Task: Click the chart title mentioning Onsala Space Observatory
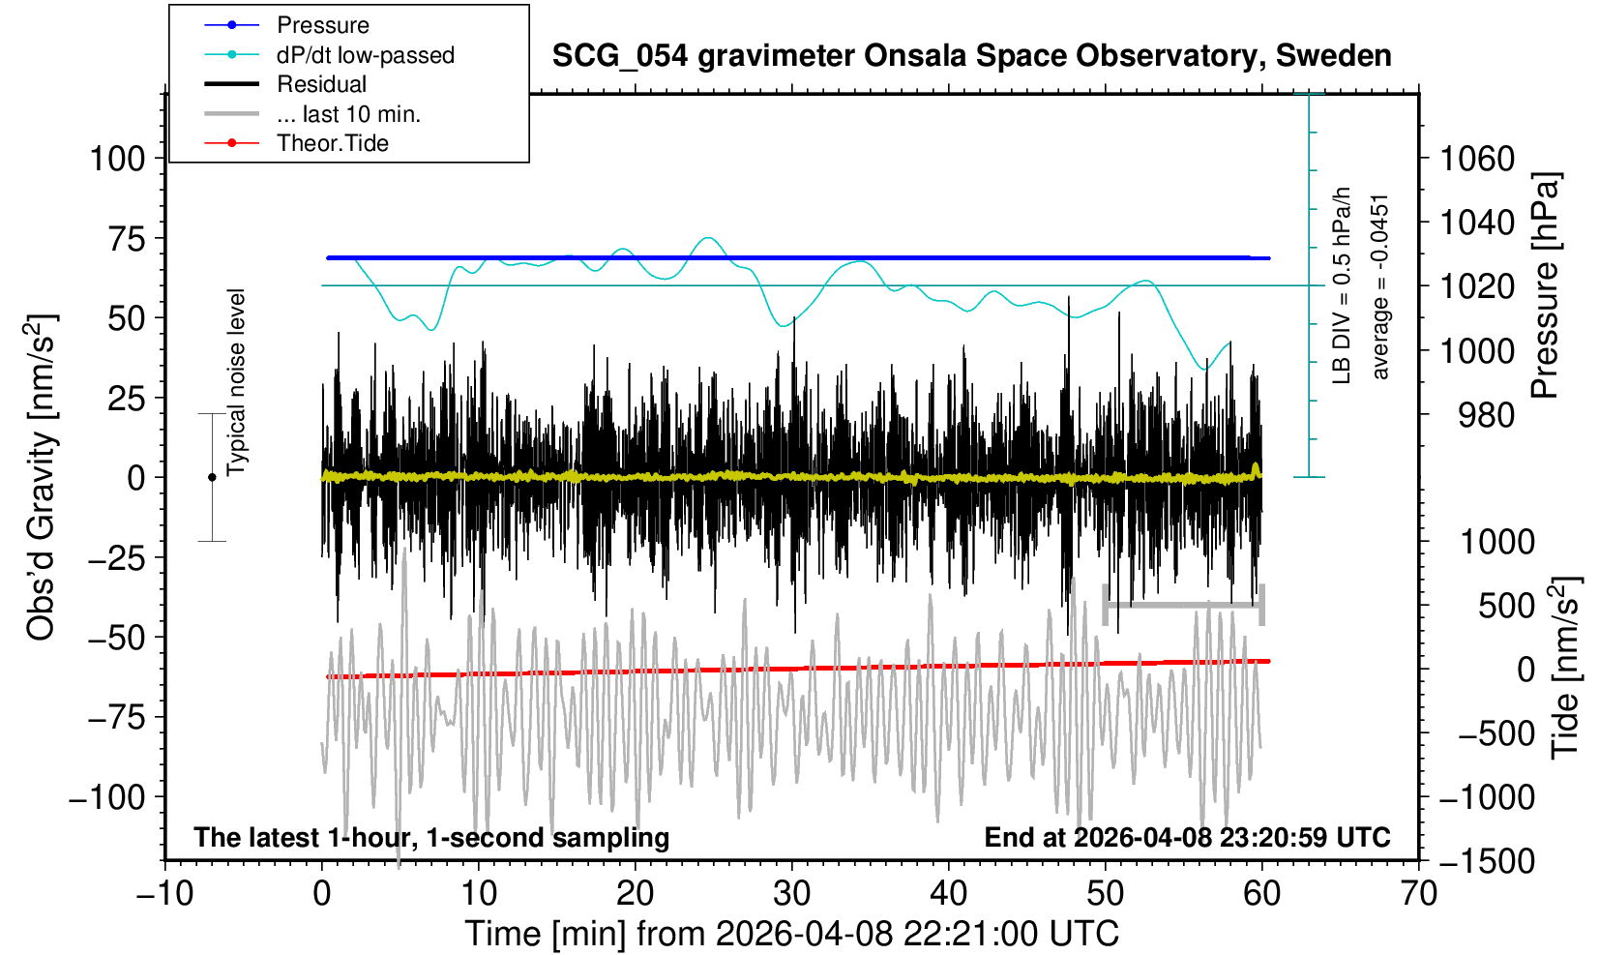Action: click(971, 56)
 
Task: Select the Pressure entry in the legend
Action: click(322, 25)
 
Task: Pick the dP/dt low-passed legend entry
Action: click(365, 55)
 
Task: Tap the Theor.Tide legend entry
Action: click(332, 143)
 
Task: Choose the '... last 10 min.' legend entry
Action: click(348, 114)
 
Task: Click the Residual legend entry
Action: click(321, 84)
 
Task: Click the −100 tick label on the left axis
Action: click(106, 798)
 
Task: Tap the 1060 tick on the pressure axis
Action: click(1477, 158)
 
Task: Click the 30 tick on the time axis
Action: click(792, 892)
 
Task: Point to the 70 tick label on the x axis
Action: click(1418, 892)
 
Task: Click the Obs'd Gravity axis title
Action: click(41, 477)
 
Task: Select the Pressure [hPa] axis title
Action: click(1546, 285)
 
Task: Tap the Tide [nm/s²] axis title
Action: click(1565, 668)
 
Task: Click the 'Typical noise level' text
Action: click(236, 382)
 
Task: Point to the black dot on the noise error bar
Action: click(212, 477)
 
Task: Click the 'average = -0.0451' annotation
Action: click(1380, 286)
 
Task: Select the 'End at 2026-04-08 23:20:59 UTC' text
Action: click(1187, 837)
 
